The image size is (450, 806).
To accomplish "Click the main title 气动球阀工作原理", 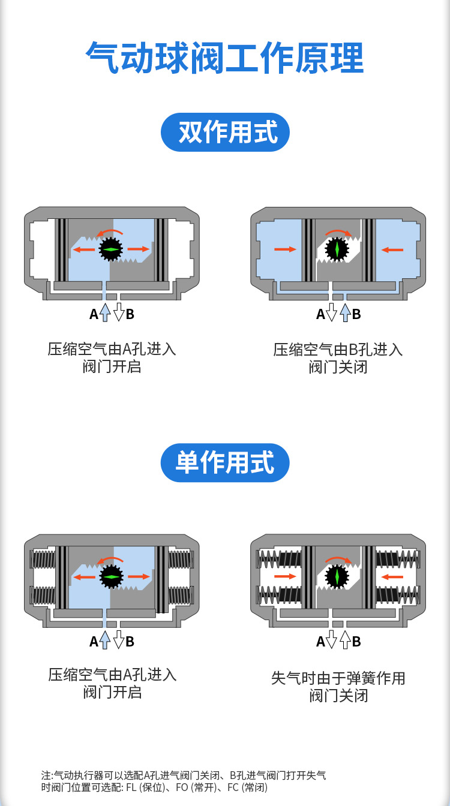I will [x=225, y=58].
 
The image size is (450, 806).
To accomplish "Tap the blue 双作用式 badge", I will [x=225, y=133].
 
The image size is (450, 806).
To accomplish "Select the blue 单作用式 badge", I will [x=225, y=462].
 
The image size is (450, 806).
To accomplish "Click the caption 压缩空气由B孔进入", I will [x=338, y=350].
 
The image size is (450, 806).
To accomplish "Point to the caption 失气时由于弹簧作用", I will [x=338, y=678].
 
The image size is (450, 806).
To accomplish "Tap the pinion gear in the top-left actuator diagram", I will [x=111, y=249].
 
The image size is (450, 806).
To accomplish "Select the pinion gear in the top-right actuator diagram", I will [x=337, y=249].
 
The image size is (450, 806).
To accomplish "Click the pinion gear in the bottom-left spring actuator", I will [x=111, y=577].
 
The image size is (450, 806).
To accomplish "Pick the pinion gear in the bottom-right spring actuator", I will [x=337, y=577].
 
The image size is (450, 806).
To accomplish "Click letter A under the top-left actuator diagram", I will [x=94, y=314].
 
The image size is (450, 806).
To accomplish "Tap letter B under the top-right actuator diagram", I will [x=356, y=314].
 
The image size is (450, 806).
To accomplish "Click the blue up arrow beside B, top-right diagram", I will [x=345, y=313].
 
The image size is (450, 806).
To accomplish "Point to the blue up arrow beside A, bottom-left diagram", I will [x=105, y=641].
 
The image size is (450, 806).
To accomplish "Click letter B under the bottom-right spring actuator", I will [x=356, y=642].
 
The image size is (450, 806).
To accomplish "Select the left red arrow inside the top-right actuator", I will [x=285, y=249].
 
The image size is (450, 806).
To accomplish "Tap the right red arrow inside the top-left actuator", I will [x=139, y=249].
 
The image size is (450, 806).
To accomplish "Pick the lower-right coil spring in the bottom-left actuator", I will [x=180, y=595].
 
